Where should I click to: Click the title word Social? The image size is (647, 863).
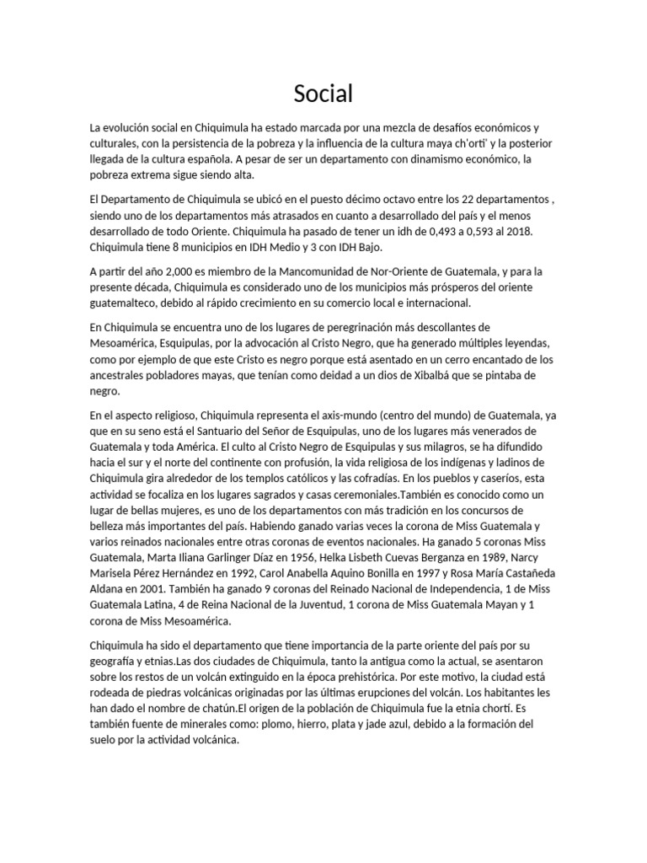323,94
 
